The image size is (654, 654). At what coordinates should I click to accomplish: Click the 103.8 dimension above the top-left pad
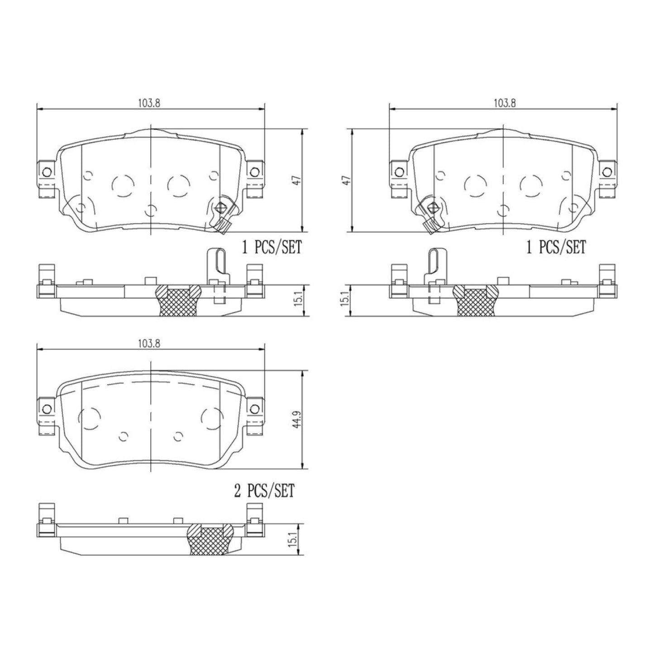[149, 103]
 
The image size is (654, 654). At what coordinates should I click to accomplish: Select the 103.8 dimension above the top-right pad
[504, 103]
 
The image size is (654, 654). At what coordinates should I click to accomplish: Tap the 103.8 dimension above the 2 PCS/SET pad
[149, 344]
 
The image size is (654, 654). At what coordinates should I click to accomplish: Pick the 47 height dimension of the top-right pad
[347, 180]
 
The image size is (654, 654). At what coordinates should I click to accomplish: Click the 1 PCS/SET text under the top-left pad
[272, 248]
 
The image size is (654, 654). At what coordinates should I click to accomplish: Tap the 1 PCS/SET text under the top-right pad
[556, 248]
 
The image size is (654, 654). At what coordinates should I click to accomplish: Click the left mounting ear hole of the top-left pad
[46, 172]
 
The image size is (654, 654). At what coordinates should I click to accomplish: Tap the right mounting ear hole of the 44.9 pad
[254, 409]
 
